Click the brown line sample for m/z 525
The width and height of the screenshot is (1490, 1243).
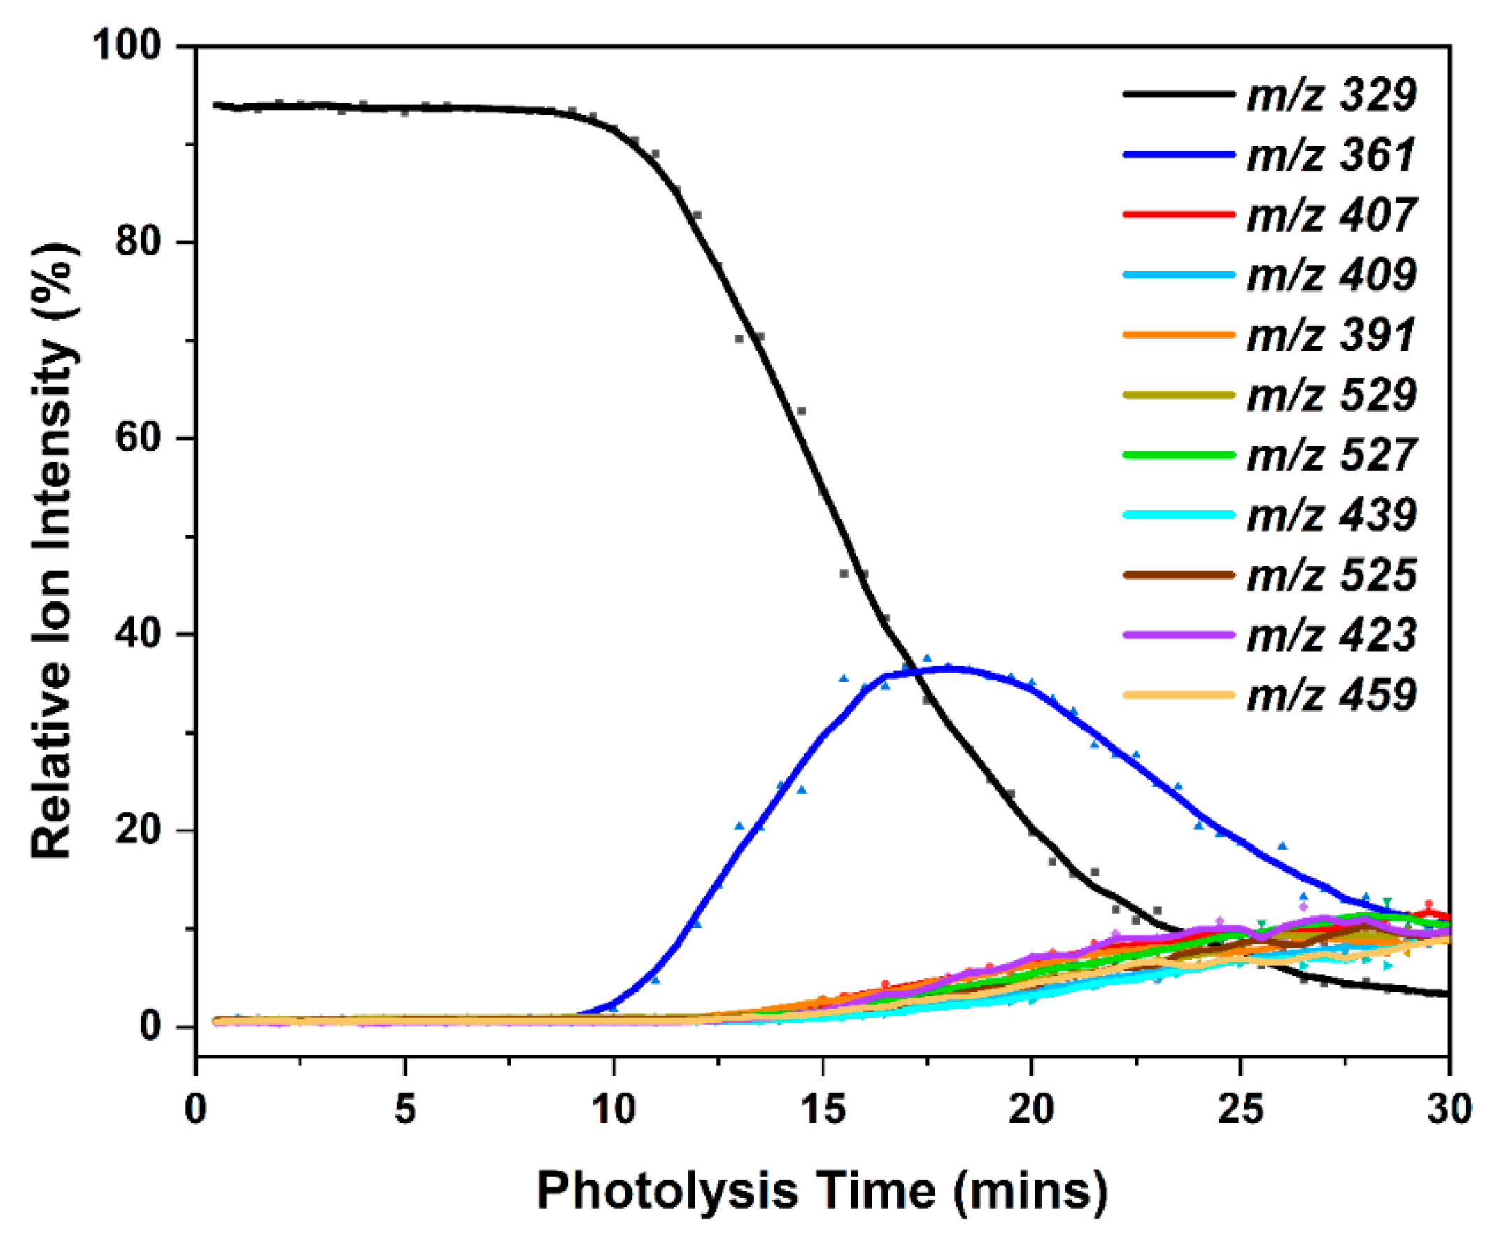pyautogui.click(x=1179, y=575)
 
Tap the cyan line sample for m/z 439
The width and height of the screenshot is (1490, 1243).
pyautogui.click(x=1179, y=514)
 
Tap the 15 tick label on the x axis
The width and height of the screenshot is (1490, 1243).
pyautogui.click(x=823, y=1109)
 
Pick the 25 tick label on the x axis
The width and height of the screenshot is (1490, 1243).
pyautogui.click(x=1240, y=1109)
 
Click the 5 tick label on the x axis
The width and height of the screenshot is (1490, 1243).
pyautogui.click(x=405, y=1109)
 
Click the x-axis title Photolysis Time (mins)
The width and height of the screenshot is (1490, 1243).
pyautogui.click(x=822, y=1191)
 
